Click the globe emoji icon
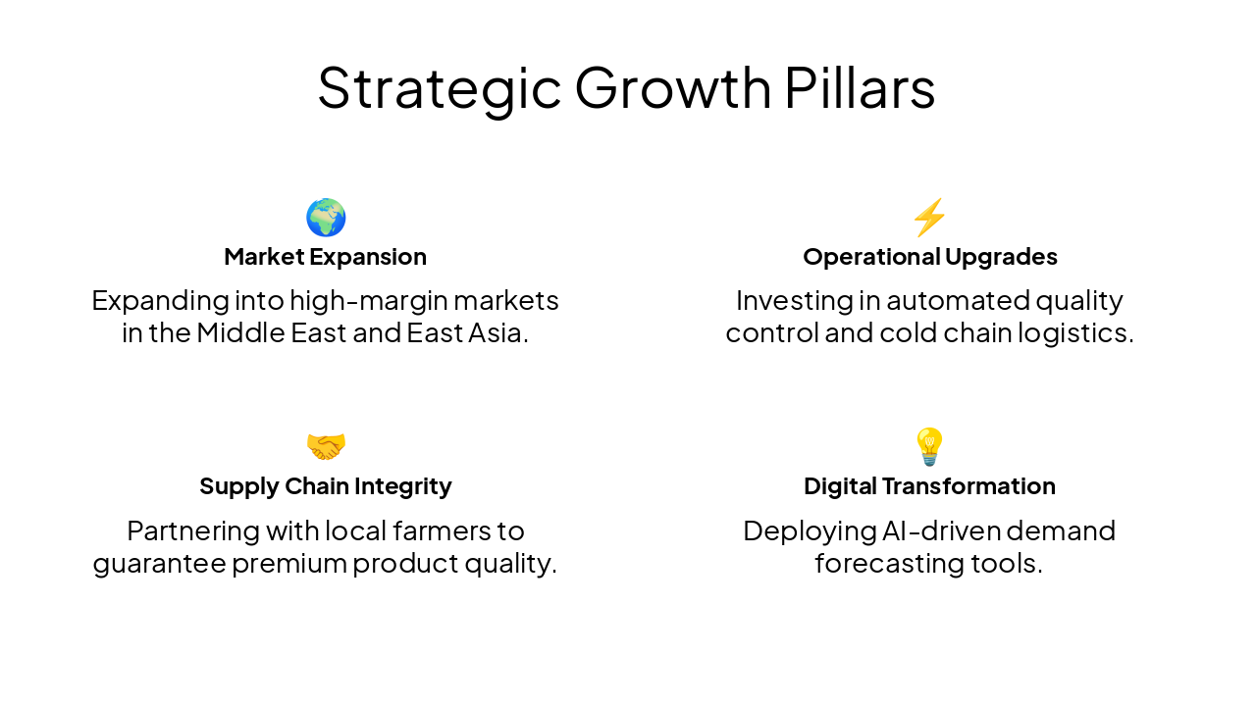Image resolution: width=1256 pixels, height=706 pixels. click(x=326, y=217)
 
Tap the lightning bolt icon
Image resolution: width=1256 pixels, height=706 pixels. click(x=929, y=217)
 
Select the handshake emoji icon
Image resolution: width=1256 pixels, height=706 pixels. click(x=326, y=446)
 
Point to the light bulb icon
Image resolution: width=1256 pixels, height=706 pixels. click(x=929, y=446)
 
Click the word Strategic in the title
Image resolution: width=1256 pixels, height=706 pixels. click(x=439, y=88)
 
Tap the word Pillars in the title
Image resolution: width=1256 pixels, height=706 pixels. click(x=860, y=88)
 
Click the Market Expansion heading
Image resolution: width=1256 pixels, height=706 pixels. click(x=325, y=257)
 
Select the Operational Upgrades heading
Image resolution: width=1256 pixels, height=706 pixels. click(x=929, y=257)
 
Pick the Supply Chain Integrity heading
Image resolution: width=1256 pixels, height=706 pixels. click(x=325, y=486)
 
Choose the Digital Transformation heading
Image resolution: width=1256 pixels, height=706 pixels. click(x=929, y=486)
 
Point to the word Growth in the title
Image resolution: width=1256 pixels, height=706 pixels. click(x=673, y=88)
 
